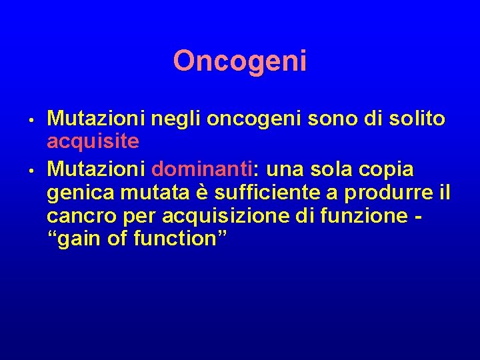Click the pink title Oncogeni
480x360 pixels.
click(x=240, y=61)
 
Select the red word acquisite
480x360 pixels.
click(x=93, y=141)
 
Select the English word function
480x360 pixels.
click(x=180, y=239)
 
